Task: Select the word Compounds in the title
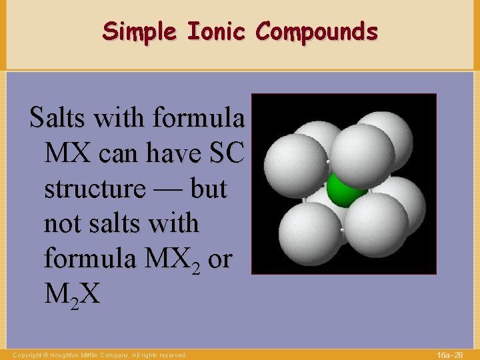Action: (x=317, y=31)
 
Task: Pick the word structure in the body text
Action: (x=94, y=189)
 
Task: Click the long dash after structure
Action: (x=165, y=189)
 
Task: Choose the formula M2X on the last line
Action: (x=72, y=294)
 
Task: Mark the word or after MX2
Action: (x=219, y=259)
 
